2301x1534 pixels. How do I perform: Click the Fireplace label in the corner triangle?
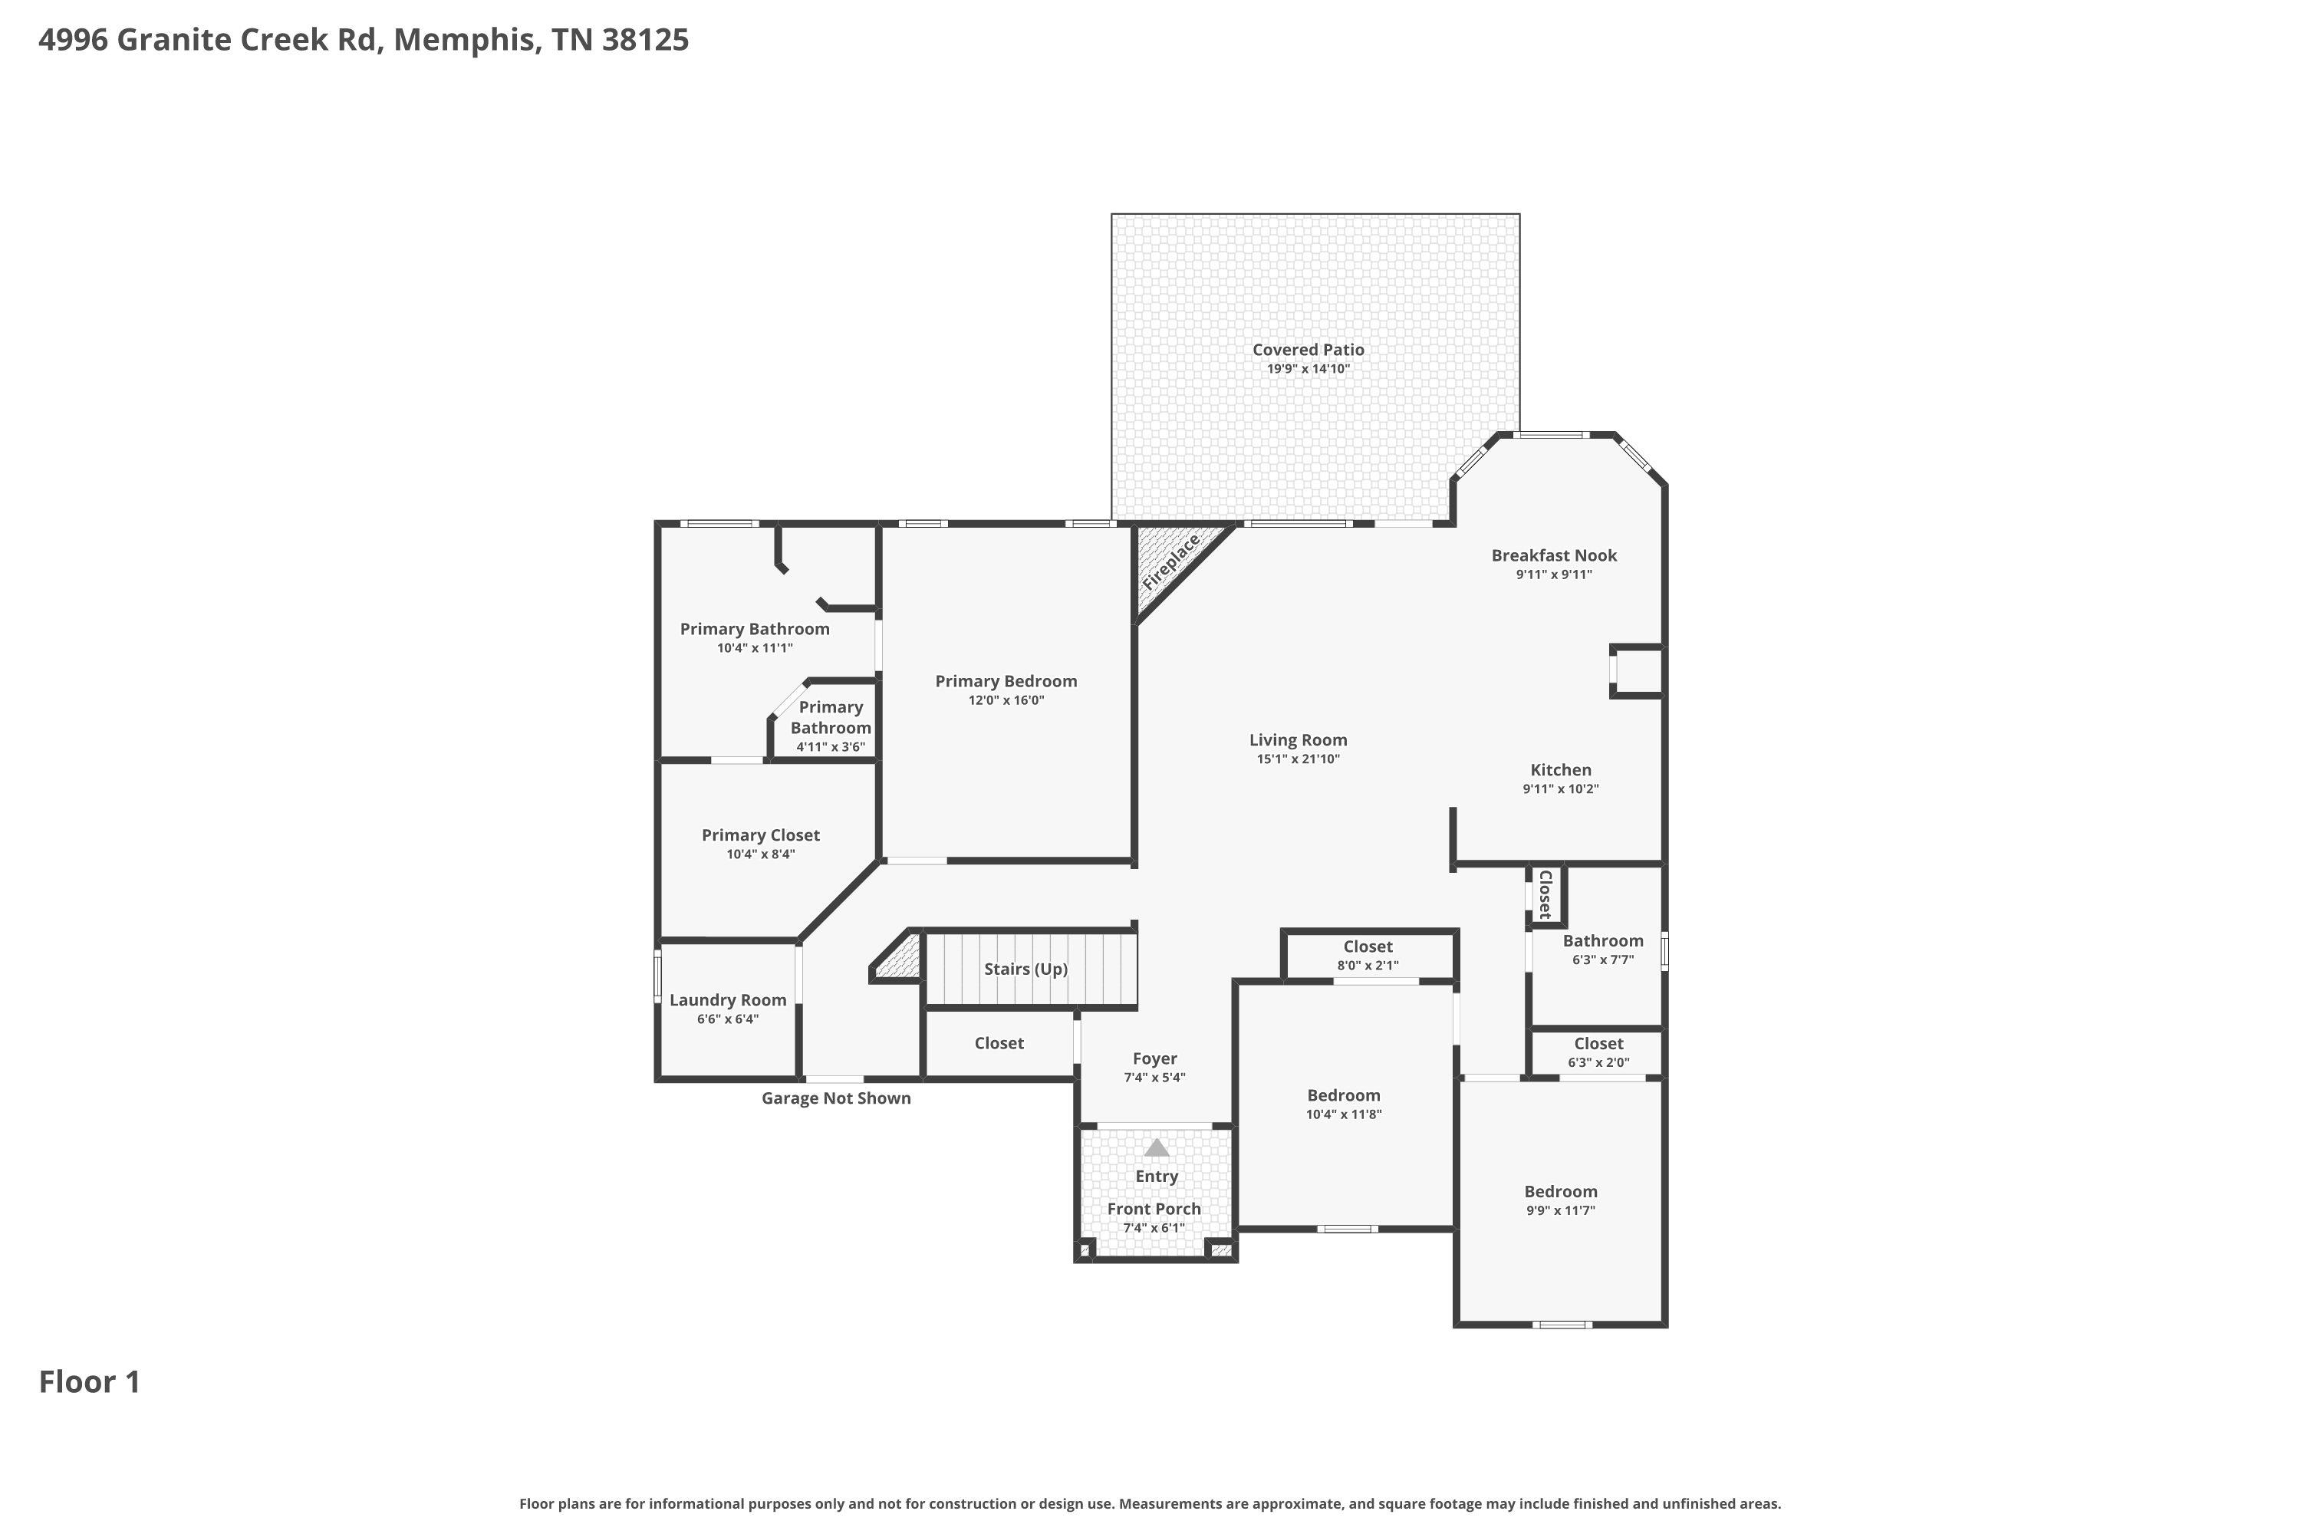1171,561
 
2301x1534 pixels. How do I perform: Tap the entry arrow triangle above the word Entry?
1157,1147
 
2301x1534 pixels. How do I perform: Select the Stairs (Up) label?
1025,969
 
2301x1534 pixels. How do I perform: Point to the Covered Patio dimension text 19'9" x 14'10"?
1308,369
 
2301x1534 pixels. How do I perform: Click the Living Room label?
1299,739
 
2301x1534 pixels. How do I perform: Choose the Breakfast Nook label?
1554,555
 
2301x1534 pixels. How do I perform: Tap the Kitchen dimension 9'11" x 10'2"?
1560,788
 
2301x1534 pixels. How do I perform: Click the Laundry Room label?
728,1000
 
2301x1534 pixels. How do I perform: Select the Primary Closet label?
760,834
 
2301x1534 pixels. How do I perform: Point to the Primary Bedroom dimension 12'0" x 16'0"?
1006,700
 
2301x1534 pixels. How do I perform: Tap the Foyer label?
1154,1058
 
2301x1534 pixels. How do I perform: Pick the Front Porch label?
1154,1208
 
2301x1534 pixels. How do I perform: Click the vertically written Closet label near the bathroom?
1545,894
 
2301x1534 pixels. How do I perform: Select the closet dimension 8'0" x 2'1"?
1368,966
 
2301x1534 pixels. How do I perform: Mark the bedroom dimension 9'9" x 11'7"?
1560,1210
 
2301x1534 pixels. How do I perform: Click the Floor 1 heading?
90,1381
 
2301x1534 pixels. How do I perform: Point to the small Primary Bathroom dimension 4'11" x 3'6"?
831,746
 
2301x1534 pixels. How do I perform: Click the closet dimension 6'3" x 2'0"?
1598,1062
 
